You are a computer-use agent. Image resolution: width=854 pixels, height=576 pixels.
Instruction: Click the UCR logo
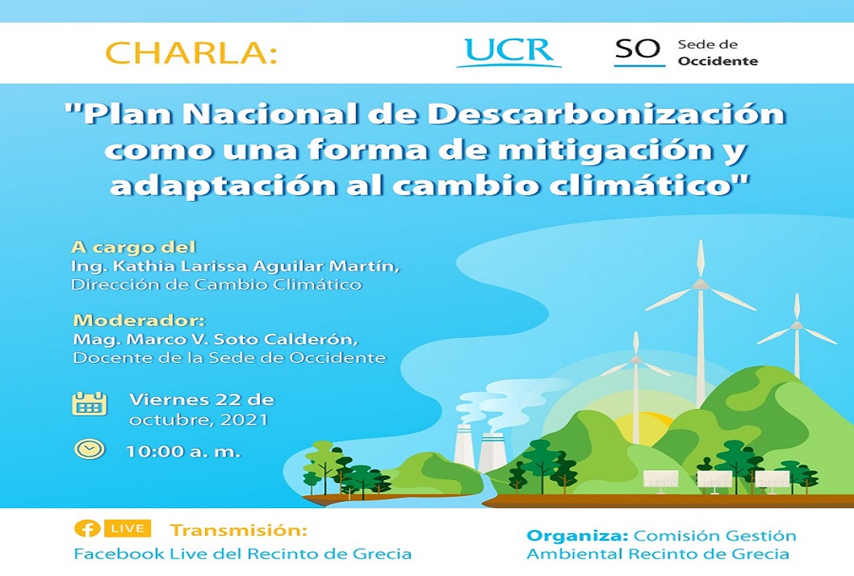509,52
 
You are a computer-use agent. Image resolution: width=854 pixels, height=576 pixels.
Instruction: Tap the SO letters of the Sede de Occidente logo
637,49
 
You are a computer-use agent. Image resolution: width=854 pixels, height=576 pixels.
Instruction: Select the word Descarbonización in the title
606,114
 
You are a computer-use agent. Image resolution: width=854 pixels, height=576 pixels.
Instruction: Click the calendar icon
90,403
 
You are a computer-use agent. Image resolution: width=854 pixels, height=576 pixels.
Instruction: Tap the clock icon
90,449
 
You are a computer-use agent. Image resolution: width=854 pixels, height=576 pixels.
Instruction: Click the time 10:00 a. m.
183,451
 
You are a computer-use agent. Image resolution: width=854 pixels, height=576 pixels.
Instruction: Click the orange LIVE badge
127,528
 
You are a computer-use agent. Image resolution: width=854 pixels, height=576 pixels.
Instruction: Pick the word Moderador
136,319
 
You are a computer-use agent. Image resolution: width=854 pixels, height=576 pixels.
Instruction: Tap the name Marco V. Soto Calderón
242,339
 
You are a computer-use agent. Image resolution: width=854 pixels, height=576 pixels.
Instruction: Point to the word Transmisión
239,530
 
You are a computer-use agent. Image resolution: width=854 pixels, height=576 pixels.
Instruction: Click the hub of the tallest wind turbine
701,284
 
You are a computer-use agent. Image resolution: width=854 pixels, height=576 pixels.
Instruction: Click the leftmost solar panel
660,479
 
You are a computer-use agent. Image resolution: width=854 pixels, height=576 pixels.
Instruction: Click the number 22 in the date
229,399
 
